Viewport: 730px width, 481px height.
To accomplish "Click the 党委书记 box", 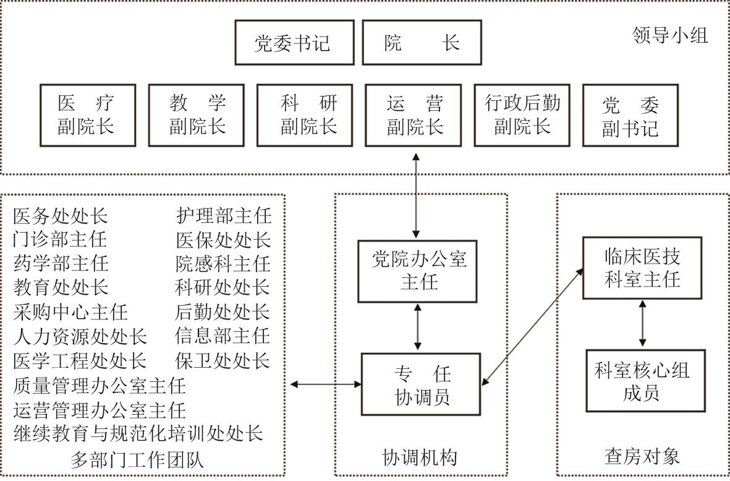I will point(294,43).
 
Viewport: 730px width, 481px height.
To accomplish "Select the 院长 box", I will point(422,43).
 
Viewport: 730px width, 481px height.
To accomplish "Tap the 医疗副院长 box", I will point(87,116).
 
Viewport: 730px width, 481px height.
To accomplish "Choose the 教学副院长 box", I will point(197,116).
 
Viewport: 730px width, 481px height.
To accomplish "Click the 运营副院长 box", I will point(414,116).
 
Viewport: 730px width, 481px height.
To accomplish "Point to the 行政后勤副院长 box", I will point(522,116).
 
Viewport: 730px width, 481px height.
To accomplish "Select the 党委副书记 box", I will point(630,116).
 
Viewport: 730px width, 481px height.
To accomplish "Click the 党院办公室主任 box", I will point(418,271).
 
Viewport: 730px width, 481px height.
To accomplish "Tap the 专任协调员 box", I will point(421,384).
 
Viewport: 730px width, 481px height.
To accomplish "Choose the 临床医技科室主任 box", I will point(642,267).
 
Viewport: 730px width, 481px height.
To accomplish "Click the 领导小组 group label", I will point(670,35).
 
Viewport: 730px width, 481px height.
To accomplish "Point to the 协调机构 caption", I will point(420,457).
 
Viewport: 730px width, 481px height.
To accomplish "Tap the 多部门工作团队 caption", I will point(137,460).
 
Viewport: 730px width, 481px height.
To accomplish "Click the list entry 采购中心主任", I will point(70,311).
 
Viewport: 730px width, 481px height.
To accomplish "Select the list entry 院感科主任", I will point(223,264).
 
